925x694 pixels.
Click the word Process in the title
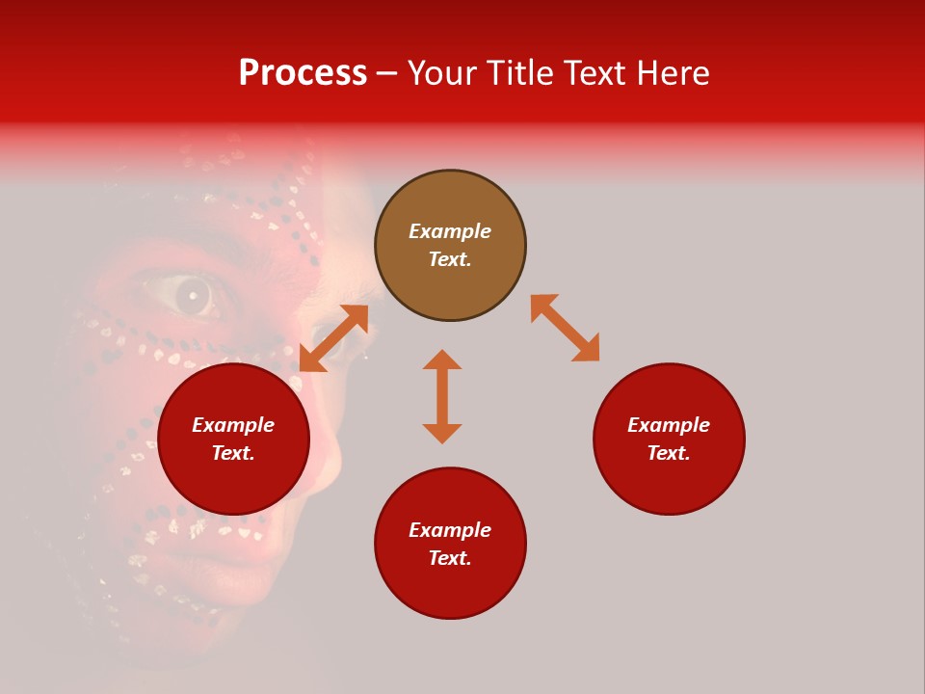point(303,73)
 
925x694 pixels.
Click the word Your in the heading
point(443,73)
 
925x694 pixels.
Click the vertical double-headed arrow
point(442,396)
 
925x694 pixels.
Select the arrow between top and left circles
point(333,338)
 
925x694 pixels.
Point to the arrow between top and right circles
point(565,328)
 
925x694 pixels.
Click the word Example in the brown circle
point(450,231)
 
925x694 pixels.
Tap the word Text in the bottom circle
point(450,558)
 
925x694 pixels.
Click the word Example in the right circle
point(669,425)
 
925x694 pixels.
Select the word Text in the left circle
point(233,453)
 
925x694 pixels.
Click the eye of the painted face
point(192,295)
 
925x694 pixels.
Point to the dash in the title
point(386,73)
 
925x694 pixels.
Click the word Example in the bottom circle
point(450,530)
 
